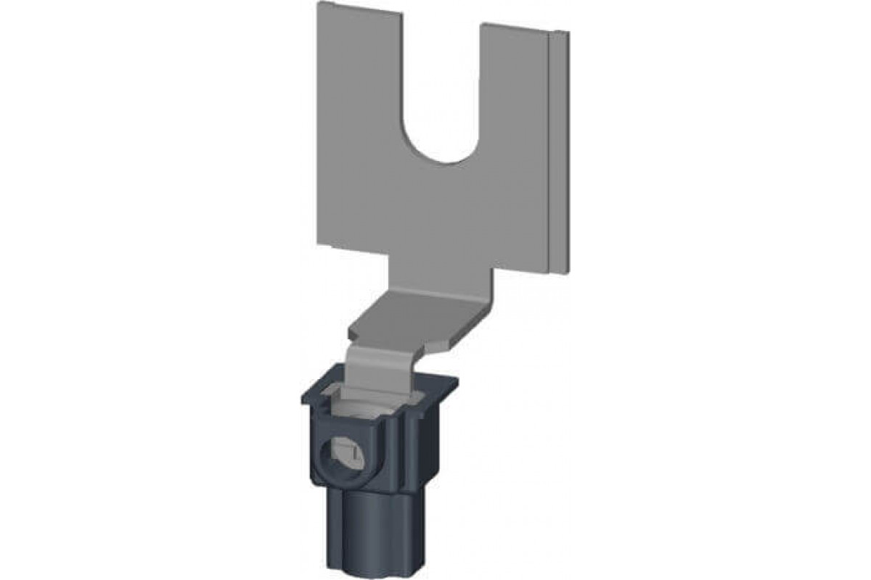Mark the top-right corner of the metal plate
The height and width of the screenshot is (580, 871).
click(x=568, y=33)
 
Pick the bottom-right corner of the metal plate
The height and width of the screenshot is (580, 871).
click(x=566, y=274)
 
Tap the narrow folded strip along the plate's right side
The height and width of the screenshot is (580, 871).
click(x=558, y=152)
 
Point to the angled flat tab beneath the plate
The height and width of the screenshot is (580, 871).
click(x=421, y=319)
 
